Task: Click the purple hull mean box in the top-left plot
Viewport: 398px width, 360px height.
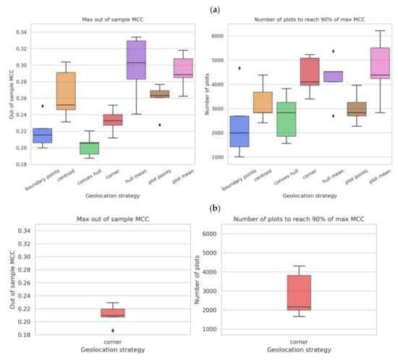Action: point(136,60)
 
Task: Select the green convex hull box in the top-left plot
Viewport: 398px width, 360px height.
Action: point(89,148)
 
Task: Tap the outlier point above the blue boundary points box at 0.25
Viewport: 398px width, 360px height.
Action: point(43,106)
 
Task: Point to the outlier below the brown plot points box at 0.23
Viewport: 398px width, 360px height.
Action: point(160,125)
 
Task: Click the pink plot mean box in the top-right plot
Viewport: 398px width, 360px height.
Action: point(380,63)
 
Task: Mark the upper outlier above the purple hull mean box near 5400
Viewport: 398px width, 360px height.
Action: point(334,51)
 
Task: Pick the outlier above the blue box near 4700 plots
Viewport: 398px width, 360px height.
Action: point(240,68)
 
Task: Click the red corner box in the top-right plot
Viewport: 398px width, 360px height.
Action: point(310,72)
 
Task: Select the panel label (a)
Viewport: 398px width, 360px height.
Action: point(215,10)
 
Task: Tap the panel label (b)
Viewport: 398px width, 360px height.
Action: point(215,209)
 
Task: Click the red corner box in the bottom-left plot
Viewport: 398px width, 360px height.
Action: point(113,313)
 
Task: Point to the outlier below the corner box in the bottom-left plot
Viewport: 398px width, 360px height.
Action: point(113,330)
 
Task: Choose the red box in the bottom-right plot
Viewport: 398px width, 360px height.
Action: point(299,293)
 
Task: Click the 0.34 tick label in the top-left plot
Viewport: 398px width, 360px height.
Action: point(22,33)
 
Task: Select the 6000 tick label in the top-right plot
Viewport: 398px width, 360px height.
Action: point(218,36)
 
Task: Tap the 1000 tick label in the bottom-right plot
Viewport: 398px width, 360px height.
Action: point(209,330)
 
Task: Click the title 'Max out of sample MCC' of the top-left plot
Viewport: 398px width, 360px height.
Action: point(113,20)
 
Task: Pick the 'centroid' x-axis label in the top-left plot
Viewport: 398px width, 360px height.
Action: point(66,175)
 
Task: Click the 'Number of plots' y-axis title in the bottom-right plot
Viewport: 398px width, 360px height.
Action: point(197,280)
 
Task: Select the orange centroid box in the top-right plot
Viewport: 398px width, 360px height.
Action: point(263,102)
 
